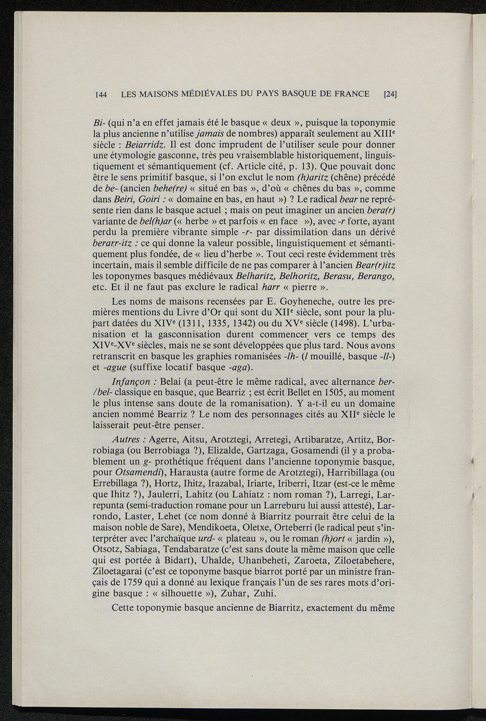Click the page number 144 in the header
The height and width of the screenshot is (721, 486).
click(x=101, y=94)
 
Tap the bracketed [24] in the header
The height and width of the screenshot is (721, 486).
click(x=390, y=94)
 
